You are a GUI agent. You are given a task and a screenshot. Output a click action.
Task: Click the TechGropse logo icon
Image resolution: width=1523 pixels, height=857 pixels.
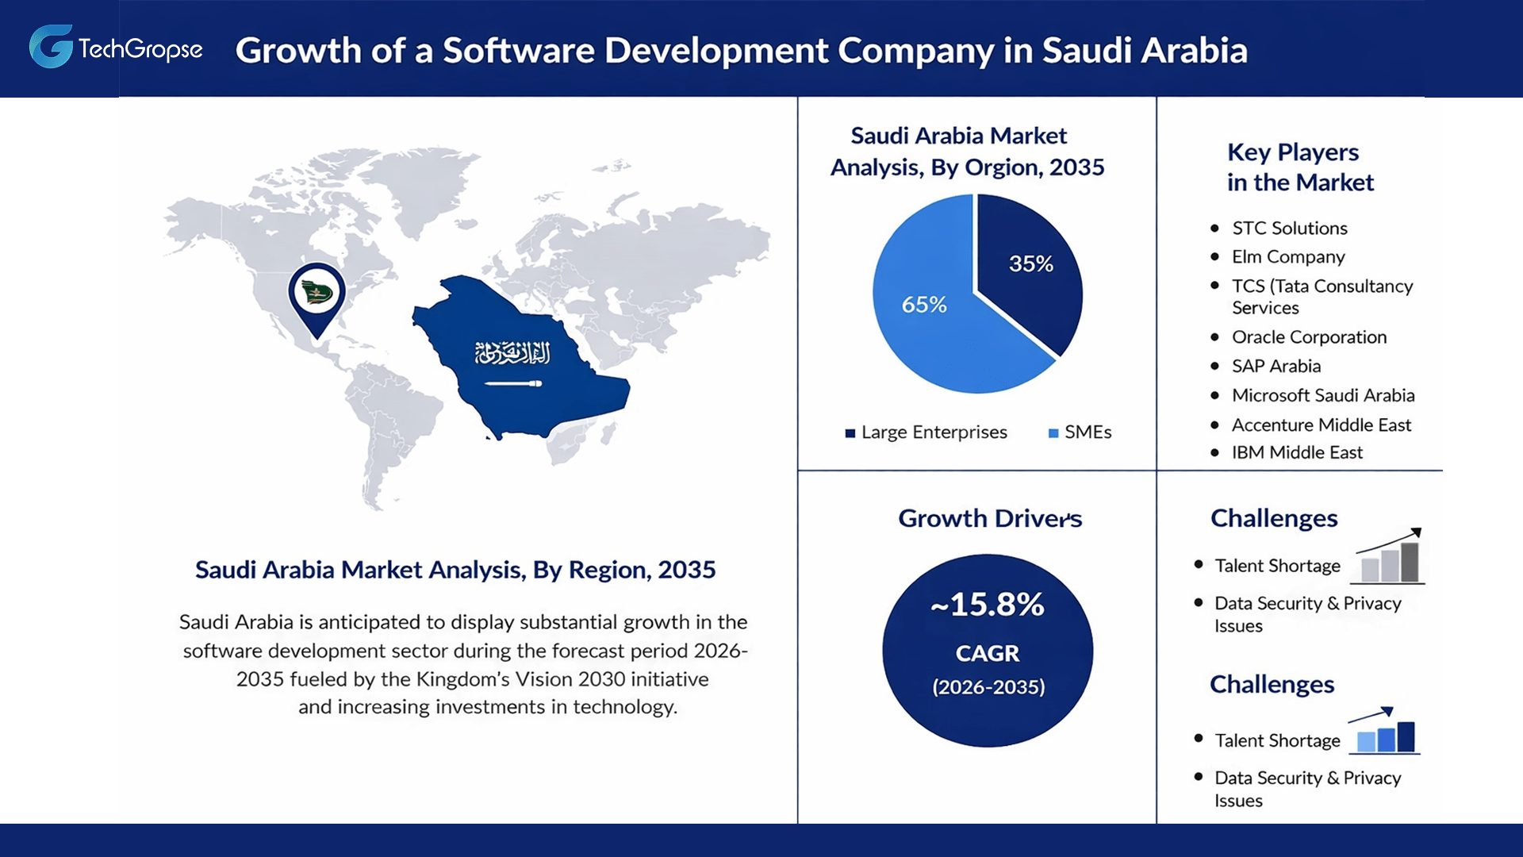[51, 47]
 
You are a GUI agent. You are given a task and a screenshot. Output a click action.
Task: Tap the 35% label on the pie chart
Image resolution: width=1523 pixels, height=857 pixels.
[1030, 263]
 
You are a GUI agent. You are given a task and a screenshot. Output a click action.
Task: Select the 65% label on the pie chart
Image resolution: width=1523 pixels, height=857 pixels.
[924, 305]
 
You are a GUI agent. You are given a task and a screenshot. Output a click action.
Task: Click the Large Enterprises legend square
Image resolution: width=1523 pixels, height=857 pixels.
[850, 433]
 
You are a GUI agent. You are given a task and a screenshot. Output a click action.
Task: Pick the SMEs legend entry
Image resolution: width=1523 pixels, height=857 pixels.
[1080, 432]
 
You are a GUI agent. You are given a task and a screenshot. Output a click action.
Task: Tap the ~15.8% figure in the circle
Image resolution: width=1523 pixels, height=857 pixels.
[988, 605]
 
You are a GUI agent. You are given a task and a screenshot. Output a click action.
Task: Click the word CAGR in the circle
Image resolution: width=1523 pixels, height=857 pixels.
[988, 653]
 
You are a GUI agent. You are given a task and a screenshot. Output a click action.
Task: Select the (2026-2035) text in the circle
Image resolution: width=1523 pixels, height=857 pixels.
[988, 687]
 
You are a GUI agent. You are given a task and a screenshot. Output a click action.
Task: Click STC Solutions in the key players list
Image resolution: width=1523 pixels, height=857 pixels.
[1289, 229]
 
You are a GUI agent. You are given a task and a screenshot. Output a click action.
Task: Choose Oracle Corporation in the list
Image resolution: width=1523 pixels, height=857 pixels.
[1309, 337]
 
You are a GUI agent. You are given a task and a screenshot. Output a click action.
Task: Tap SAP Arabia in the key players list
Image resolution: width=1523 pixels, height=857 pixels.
[1276, 367]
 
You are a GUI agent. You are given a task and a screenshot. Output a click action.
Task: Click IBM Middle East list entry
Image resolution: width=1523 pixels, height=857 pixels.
[1297, 452]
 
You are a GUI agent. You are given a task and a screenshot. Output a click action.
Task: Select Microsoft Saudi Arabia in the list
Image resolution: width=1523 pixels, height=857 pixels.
[1322, 395]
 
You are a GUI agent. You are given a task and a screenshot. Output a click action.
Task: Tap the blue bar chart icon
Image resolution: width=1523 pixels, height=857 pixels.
[1385, 732]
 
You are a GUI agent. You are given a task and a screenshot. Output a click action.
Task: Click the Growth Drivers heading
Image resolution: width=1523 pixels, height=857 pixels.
[990, 518]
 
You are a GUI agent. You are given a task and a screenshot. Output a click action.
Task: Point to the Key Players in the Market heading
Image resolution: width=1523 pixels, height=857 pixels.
[1299, 167]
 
